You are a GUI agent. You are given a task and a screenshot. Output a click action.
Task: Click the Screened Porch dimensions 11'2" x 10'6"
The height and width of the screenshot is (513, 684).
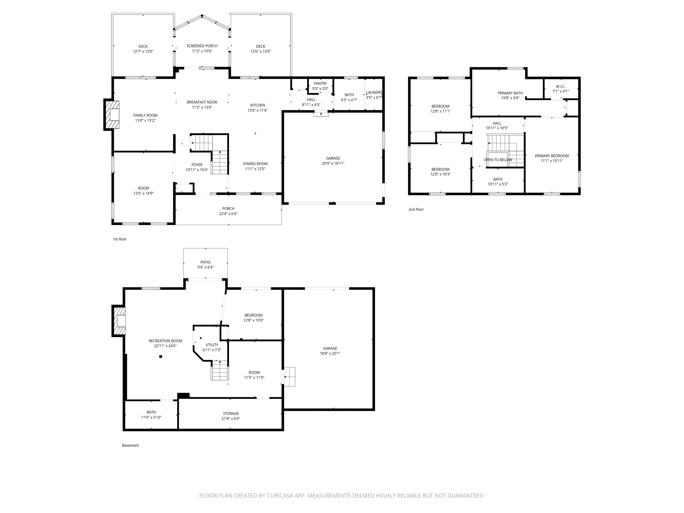click(x=202, y=51)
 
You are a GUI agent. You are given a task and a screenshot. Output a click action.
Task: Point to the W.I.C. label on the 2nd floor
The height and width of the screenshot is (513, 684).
click(x=560, y=86)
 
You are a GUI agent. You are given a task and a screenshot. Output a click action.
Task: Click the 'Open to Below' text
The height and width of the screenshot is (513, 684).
click(x=498, y=160)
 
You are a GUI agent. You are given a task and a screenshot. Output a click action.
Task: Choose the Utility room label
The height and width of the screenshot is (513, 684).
click(x=212, y=345)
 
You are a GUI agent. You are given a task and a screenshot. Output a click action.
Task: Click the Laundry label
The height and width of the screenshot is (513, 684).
click(x=374, y=92)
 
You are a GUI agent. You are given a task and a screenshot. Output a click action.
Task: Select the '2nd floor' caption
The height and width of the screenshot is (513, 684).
click(x=416, y=209)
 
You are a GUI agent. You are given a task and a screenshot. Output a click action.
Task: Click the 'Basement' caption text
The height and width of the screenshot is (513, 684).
click(x=130, y=445)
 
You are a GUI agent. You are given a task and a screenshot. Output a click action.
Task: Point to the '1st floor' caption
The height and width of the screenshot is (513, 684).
click(x=120, y=239)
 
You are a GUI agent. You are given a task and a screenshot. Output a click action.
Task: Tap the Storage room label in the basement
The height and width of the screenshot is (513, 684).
click(x=231, y=413)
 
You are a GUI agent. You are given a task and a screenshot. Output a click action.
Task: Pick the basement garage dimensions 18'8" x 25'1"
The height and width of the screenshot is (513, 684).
click(x=330, y=353)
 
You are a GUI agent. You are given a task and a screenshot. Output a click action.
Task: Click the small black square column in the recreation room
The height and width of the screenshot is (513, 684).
click(x=161, y=356)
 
